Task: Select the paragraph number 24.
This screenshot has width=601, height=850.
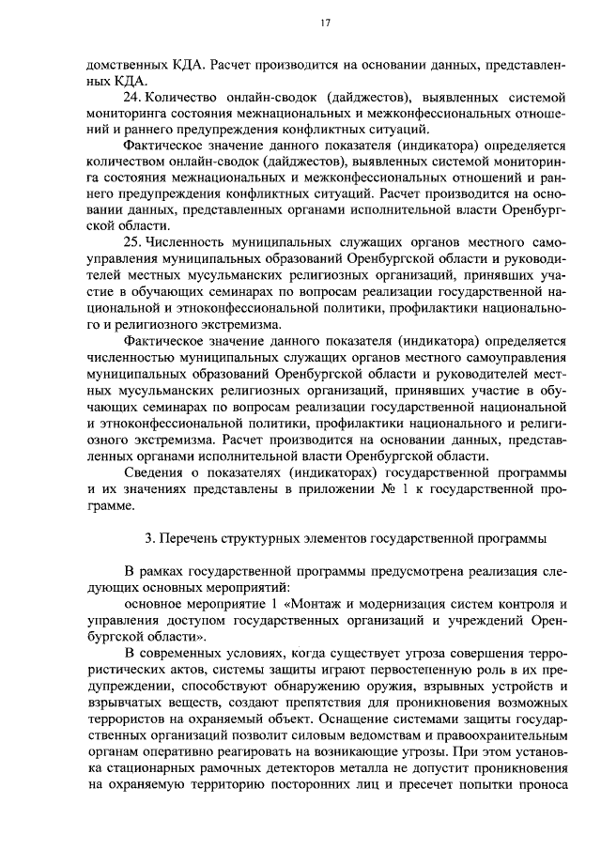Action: click(x=132, y=97)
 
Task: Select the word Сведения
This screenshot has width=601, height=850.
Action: click(x=153, y=471)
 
